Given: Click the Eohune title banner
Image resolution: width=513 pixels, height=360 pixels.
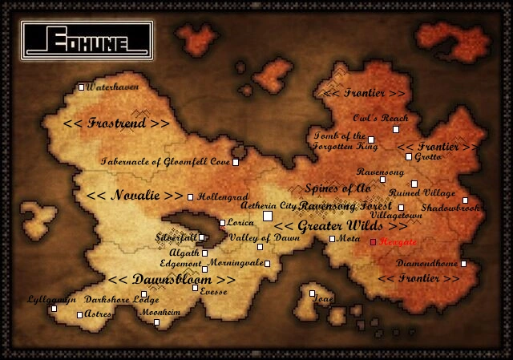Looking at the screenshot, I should click(87, 39).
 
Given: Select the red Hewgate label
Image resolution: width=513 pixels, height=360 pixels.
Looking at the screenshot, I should click(398, 241).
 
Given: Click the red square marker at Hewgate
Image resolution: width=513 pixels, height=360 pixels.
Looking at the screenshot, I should click(373, 241).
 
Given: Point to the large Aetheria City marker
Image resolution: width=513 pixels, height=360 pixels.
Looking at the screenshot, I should click(268, 216).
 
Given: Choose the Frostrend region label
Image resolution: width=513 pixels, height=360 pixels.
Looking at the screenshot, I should click(116, 124).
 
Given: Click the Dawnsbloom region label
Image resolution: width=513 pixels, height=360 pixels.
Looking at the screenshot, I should click(172, 280).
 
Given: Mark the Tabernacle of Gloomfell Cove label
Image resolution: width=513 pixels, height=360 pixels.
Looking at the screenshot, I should click(164, 162).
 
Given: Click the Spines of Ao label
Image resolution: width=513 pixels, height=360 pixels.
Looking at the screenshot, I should click(337, 188).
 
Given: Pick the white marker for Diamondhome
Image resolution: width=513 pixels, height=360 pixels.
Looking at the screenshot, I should click(463, 263).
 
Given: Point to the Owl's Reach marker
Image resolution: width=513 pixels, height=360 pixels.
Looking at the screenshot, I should click(395, 129).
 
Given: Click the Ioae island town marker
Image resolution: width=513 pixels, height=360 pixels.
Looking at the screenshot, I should click(313, 293).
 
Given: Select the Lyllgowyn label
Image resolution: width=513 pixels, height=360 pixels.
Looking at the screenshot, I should click(52, 298).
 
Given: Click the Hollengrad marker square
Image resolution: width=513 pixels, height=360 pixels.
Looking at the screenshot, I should click(190, 197).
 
